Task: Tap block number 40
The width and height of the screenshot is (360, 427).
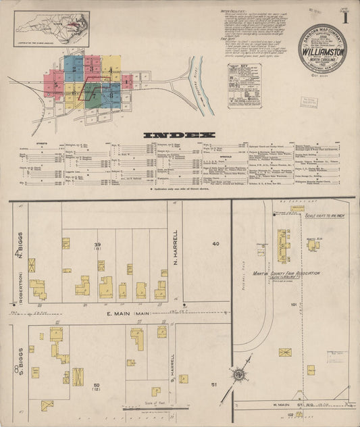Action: pos(215,243)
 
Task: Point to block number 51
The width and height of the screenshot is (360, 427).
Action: pos(215,384)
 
